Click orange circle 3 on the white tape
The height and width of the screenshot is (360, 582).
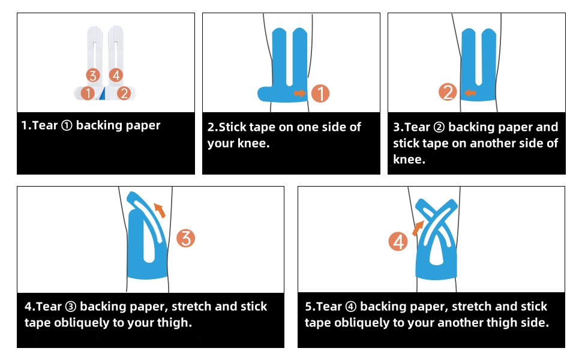(x=93, y=76)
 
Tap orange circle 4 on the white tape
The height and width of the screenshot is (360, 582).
(x=116, y=76)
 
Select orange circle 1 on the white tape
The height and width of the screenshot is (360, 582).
(x=88, y=93)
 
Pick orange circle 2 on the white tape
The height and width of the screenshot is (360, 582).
(x=124, y=93)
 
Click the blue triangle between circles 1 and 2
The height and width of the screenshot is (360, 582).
(x=103, y=94)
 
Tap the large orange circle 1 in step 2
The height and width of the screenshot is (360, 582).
(x=320, y=93)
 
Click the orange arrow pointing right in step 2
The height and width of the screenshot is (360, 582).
(x=300, y=93)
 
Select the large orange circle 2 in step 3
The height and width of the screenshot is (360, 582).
(x=448, y=92)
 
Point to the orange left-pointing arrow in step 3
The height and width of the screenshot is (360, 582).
(x=470, y=93)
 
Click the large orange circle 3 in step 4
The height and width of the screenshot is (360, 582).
(x=185, y=238)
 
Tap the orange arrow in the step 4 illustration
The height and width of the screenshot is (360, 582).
(x=160, y=209)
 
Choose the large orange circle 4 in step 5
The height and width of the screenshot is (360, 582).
(x=398, y=242)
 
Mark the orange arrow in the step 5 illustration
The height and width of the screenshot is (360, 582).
(x=418, y=228)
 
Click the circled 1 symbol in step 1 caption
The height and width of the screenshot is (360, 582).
(x=67, y=125)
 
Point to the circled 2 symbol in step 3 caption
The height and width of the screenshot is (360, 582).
(x=439, y=127)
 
